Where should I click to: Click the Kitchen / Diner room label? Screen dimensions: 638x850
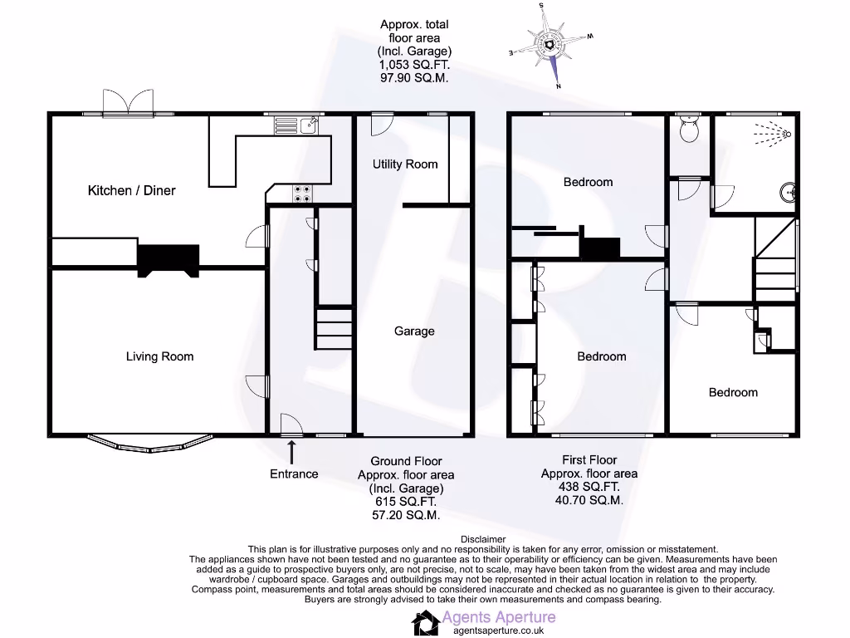(x=131, y=190)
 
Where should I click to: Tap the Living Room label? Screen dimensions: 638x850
(x=159, y=356)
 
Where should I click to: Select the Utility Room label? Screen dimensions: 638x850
(x=405, y=164)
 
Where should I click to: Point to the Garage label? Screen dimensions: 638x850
(x=414, y=331)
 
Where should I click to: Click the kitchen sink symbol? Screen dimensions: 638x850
(x=308, y=125)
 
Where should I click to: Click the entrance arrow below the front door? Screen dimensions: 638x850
(x=292, y=451)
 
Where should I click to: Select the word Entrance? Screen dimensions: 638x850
(x=294, y=474)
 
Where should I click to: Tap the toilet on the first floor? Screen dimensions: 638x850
(x=688, y=130)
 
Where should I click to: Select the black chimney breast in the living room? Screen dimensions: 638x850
(x=169, y=259)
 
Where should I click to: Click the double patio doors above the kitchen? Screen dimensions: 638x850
(x=128, y=102)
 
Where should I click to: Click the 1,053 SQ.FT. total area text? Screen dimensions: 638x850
(x=415, y=65)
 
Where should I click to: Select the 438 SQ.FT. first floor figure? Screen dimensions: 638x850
(x=590, y=487)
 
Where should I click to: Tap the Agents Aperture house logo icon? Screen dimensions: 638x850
(x=426, y=622)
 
